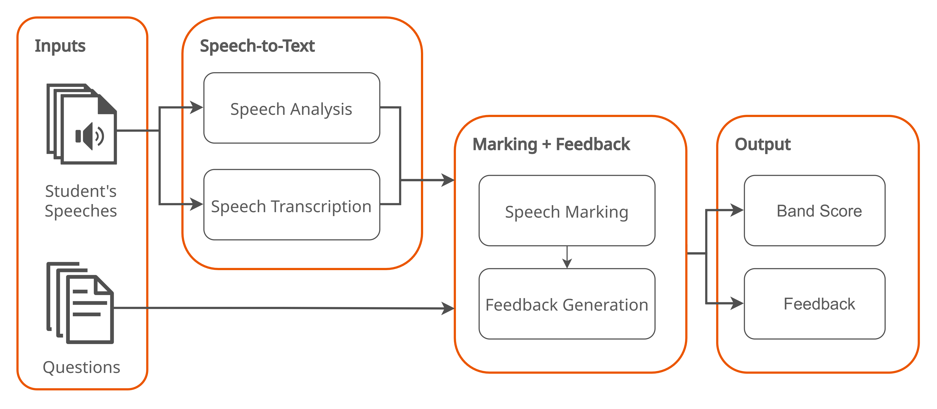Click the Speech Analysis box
(291, 108)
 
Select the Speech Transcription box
(291, 205)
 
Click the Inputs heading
(60, 46)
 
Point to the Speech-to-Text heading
(257, 46)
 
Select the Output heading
(763, 144)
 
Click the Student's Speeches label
(81, 201)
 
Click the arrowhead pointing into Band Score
(737, 210)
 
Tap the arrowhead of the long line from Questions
(448, 308)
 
